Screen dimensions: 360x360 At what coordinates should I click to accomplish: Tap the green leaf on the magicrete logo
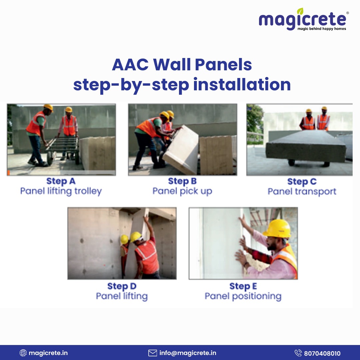pos(300,11)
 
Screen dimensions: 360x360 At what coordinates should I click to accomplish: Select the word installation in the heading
pos(242,84)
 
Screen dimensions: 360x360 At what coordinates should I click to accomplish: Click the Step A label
pos(61,181)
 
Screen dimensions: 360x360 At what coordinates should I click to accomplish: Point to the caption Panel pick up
pos(182,191)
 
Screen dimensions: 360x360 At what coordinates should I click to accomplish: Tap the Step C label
pos(302,182)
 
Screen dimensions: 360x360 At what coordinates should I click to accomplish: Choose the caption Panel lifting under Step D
pos(122,296)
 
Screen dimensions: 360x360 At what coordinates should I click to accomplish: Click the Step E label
pos(243,286)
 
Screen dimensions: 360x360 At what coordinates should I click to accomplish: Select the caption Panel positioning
pos(243,296)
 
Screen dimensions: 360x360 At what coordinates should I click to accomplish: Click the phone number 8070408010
pos(322,353)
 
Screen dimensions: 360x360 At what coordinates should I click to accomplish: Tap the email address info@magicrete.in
pos(188,353)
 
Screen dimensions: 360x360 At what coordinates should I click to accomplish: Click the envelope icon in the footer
pos(152,353)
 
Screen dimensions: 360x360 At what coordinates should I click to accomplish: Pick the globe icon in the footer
pos(23,353)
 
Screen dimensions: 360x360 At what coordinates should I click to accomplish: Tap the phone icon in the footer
pos(298,353)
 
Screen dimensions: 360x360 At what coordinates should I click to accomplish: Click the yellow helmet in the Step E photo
pos(277,228)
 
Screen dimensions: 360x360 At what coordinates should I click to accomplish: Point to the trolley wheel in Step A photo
pos(50,158)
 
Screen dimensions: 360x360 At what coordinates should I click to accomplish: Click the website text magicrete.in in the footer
pos(48,353)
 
